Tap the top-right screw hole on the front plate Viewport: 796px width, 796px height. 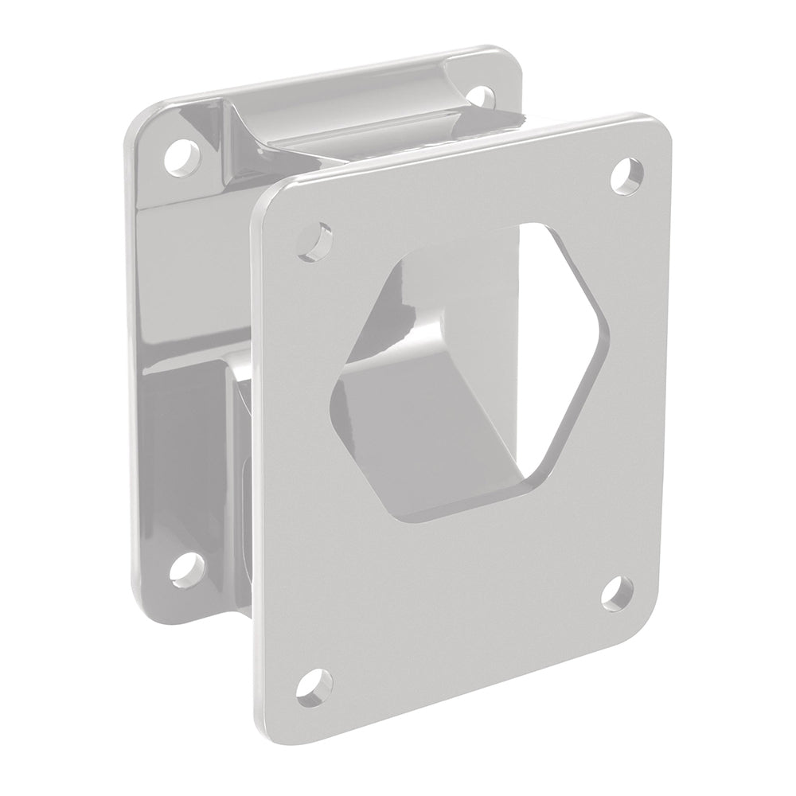pyautogui.click(x=628, y=174)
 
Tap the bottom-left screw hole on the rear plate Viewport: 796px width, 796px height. pyautogui.click(x=185, y=568)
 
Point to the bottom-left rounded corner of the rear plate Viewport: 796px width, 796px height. pyautogui.click(x=139, y=613)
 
